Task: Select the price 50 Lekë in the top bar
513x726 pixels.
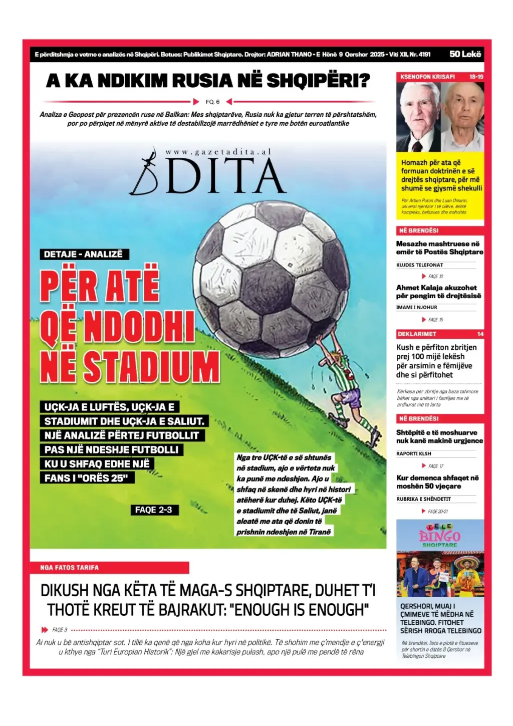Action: point(465,54)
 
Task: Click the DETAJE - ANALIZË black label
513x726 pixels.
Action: point(83,254)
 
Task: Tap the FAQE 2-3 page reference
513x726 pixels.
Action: point(153,510)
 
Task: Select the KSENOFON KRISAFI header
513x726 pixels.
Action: point(427,77)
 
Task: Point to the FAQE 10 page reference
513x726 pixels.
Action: point(435,276)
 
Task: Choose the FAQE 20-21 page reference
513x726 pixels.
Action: point(437,512)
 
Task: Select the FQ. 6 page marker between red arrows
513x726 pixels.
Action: point(212,102)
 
